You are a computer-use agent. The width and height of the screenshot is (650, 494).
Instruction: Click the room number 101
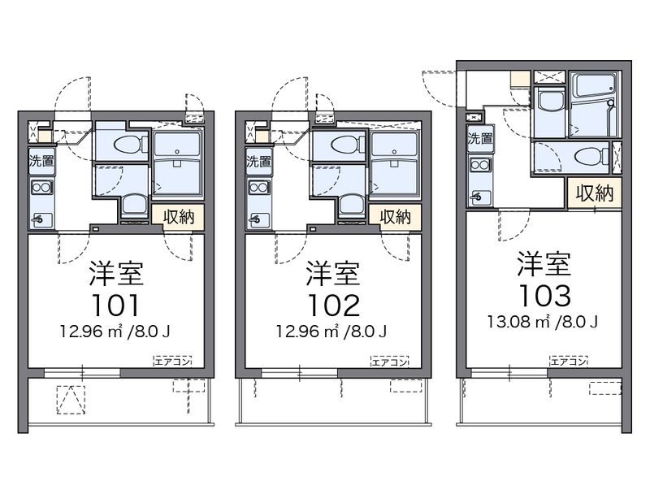click(x=115, y=305)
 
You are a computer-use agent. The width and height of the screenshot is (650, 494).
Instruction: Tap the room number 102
click(x=332, y=305)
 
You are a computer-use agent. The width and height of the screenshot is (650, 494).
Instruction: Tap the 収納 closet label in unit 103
click(x=594, y=193)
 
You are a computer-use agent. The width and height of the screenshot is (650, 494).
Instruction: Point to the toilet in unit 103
click(x=585, y=156)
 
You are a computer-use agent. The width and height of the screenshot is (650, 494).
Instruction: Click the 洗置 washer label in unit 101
click(x=41, y=161)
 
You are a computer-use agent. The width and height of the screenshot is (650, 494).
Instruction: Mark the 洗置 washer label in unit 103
click(x=479, y=138)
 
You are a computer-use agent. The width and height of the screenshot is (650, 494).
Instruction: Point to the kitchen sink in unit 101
click(x=41, y=218)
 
